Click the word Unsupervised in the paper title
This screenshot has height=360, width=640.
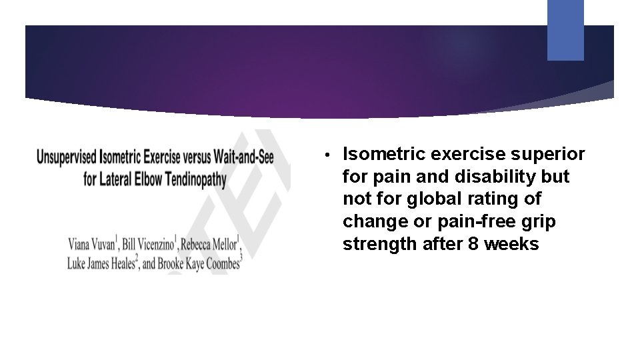tap(67, 158)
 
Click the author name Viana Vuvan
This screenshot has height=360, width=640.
tap(93, 242)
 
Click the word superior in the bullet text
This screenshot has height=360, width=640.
tap(552, 155)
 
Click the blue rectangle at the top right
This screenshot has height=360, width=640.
tap(565, 30)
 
